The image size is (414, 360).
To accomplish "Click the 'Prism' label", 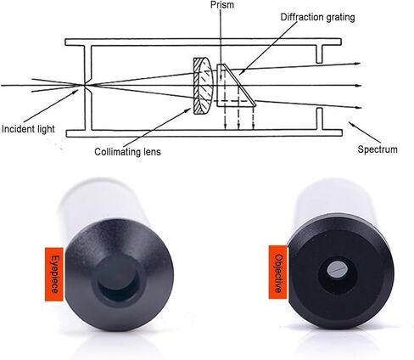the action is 222,5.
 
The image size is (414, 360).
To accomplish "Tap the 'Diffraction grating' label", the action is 317,17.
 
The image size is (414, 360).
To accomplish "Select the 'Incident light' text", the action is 28,129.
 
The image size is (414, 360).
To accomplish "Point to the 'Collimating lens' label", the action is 127,152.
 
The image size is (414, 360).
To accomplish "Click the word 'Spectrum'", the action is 378,149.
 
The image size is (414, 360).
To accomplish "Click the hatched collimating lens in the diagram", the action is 203,86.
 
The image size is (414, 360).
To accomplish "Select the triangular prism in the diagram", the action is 236,86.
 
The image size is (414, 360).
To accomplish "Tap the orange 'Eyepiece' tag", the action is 54,274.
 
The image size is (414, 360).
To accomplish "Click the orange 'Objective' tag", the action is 278,272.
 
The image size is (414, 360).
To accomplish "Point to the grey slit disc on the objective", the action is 337,268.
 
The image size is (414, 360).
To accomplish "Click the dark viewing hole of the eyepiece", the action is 118,283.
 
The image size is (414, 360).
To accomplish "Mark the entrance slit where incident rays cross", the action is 84,85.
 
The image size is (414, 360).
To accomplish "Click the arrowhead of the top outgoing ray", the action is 358,64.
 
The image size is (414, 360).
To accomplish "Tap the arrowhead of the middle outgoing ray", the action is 359,86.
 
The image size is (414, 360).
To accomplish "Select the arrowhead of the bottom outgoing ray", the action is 359,107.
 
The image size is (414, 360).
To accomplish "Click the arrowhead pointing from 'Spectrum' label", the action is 351,124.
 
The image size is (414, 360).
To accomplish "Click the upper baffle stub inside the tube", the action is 319,54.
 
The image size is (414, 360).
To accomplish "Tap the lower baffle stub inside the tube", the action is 319,119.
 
